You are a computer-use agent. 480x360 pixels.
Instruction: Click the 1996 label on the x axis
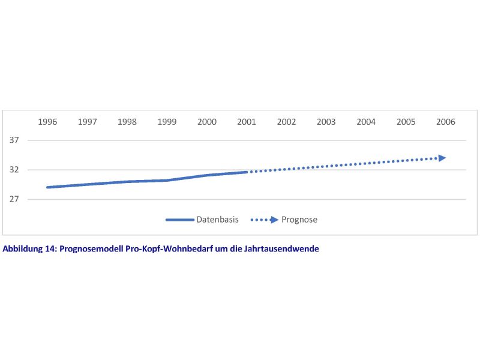pos(47,122)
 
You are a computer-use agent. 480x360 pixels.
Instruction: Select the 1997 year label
pos(87,122)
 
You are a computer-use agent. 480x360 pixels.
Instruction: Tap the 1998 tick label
pos(127,122)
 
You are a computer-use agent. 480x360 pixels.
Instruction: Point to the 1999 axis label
pos(167,122)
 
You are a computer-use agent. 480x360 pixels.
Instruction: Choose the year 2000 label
pos(207,122)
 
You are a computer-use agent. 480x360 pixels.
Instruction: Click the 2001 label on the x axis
pos(247,122)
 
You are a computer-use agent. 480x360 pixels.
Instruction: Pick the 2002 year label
pos(286,122)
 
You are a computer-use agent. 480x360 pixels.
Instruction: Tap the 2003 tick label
pos(326,122)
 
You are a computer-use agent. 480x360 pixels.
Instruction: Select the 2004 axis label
pos(366,122)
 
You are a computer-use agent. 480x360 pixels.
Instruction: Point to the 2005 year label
pos(406,122)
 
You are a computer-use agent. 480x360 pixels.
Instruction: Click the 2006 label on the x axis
pos(446,122)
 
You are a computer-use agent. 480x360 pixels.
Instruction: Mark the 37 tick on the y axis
pos(14,140)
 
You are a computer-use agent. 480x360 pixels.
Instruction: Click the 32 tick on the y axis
pos(14,170)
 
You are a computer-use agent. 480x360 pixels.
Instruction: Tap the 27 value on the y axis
pos(14,199)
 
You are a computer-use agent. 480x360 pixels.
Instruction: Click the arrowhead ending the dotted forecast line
pos(442,158)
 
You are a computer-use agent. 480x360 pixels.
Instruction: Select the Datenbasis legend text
pos(217,220)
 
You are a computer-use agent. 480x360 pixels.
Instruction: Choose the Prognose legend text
pos(299,220)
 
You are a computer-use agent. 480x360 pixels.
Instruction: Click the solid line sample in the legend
pos(179,220)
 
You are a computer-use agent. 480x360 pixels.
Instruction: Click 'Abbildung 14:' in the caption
pos(29,249)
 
